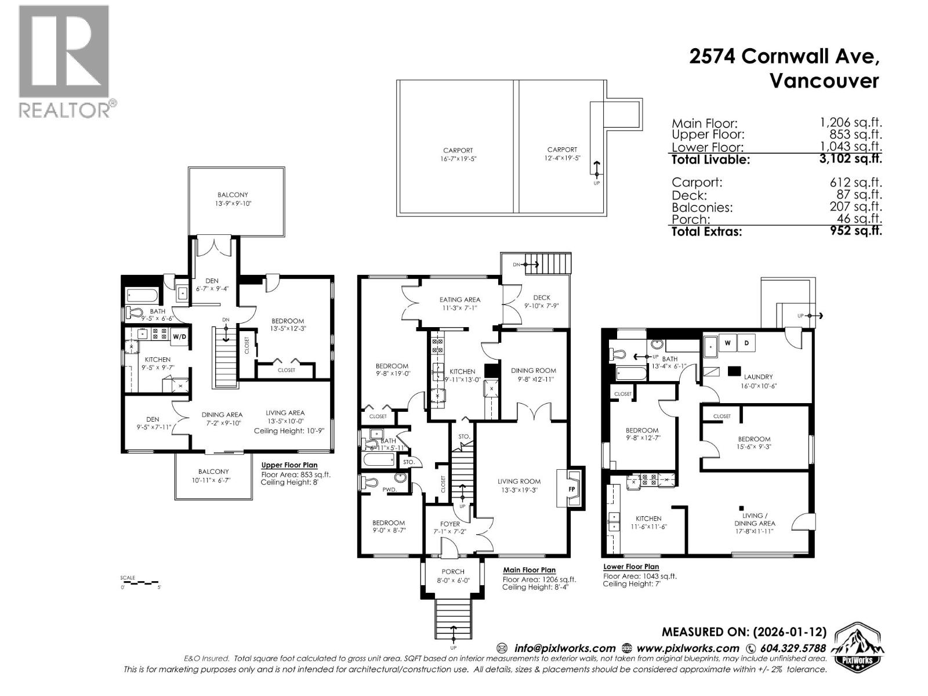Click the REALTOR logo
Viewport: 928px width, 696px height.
click(x=64, y=61)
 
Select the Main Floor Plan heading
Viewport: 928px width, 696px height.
click(x=529, y=570)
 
